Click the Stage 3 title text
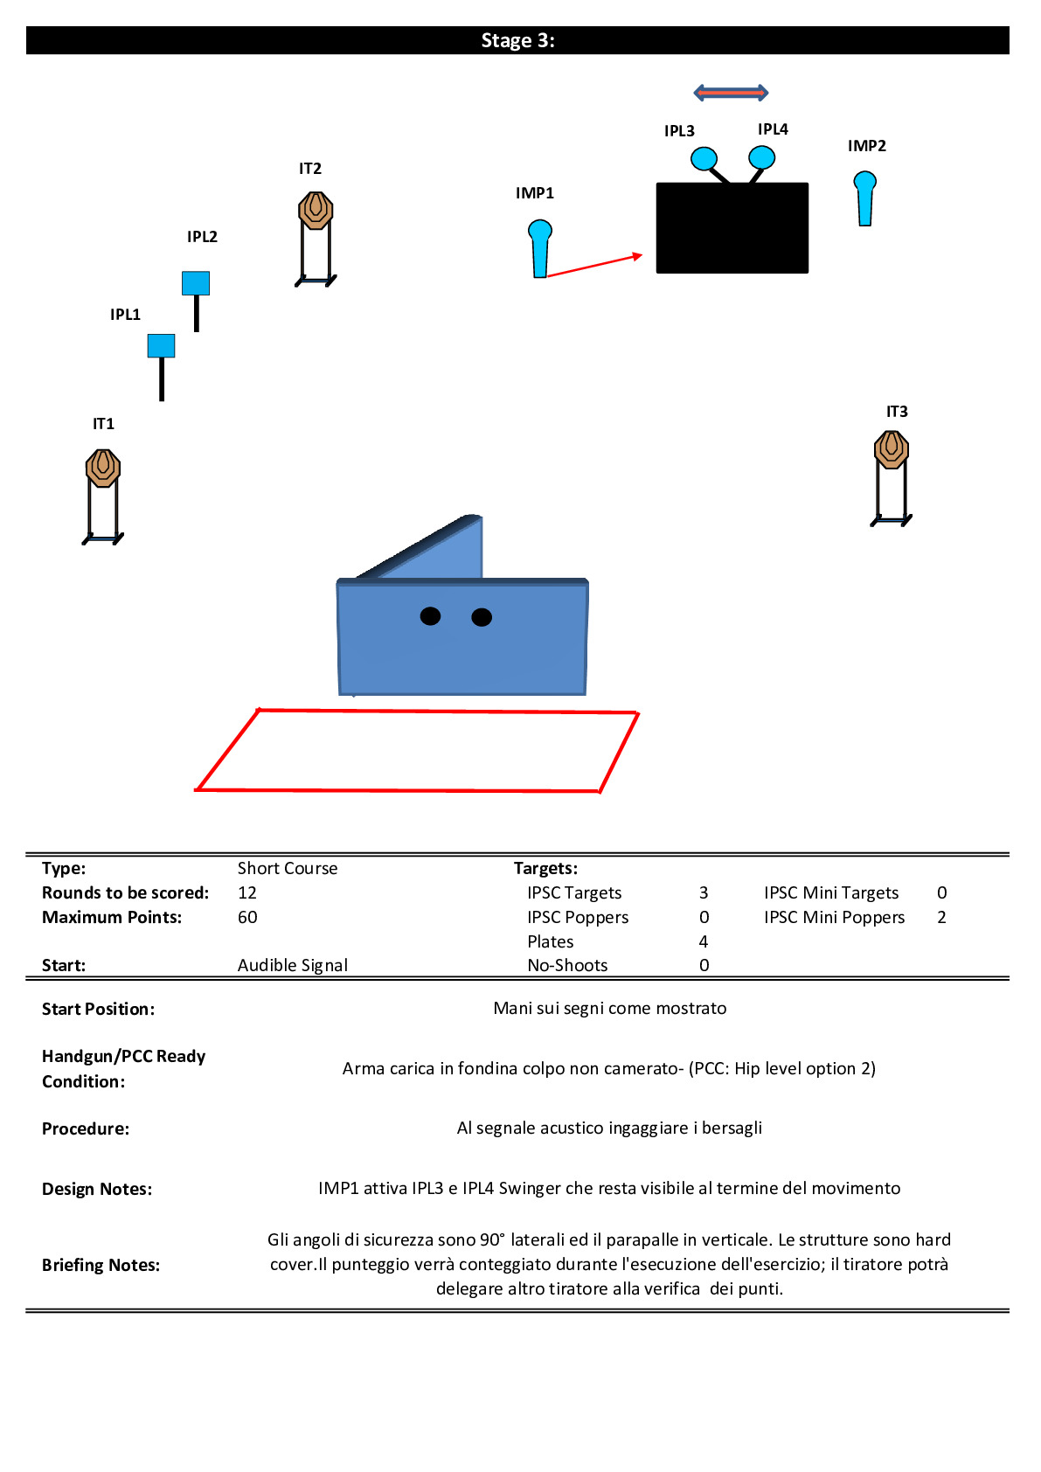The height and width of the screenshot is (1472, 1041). click(x=517, y=41)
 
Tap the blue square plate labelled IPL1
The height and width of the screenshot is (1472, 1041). click(x=161, y=345)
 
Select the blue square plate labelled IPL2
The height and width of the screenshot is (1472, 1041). click(x=196, y=283)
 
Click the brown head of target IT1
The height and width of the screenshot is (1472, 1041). click(x=103, y=468)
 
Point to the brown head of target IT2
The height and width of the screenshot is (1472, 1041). click(x=316, y=211)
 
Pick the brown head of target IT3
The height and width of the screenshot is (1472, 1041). click(x=892, y=449)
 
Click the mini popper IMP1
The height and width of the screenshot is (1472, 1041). click(x=539, y=248)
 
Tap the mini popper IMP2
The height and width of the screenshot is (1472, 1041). click(x=864, y=198)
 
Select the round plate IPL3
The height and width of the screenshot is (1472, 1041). click(x=704, y=158)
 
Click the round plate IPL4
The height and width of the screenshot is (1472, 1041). click(x=761, y=157)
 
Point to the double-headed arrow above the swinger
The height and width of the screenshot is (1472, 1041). click(x=731, y=93)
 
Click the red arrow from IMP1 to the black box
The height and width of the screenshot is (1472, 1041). click(x=594, y=265)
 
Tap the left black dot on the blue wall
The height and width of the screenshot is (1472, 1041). click(x=430, y=616)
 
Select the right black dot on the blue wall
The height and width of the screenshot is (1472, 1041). click(x=482, y=617)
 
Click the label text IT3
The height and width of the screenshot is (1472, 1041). click(x=897, y=412)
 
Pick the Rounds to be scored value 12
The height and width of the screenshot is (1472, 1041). click(x=247, y=892)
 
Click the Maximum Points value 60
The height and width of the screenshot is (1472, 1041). click(x=247, y=917)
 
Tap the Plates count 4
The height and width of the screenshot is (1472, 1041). click(x=704, y=941)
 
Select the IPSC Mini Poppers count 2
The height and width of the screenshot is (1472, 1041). click(x=941, y=917)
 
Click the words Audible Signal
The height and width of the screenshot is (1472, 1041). click(x=293, y=965)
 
